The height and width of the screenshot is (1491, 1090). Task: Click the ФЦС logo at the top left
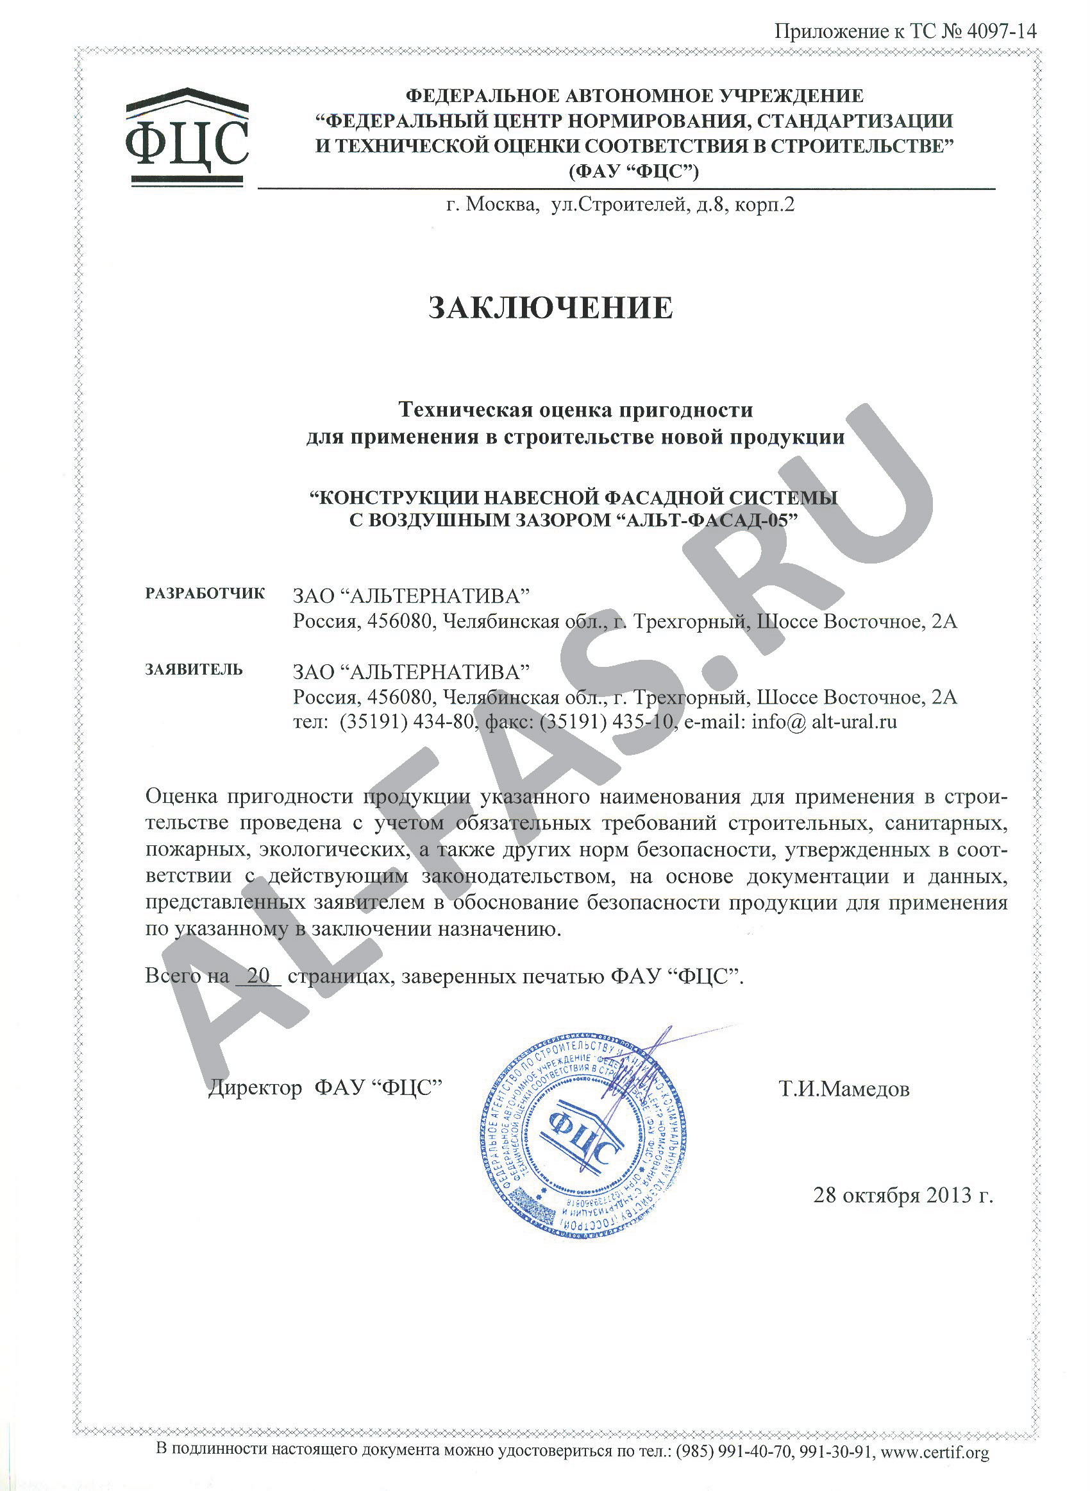click(187, 136)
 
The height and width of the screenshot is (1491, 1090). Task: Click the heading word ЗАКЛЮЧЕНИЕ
click(551, 308)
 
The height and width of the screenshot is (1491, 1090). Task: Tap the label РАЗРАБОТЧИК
click(205, 593)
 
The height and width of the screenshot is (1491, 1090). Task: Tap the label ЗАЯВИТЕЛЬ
click(194, 669)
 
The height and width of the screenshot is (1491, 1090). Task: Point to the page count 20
click(258, 976)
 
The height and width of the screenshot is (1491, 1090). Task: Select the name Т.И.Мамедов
click(844, 1088)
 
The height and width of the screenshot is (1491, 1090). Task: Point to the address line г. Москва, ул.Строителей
click(620, 205)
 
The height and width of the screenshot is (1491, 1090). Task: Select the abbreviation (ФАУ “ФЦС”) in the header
click(633, 171)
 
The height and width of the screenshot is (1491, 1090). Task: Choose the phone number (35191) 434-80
click(407, 721)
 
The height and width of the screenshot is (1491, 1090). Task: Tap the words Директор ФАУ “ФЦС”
click(324, 1087)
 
